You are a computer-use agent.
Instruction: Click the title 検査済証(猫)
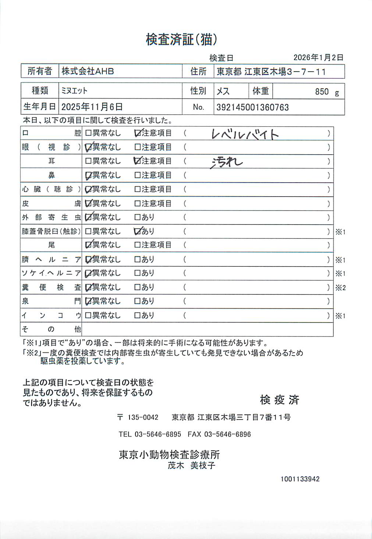tap(181, 39)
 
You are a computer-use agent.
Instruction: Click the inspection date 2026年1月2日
tap(318, 58)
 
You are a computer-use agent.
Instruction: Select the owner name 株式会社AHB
tap(88, 71)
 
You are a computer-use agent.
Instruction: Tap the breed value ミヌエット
tap(74, 91)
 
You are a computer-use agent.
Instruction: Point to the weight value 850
tap(322, 91)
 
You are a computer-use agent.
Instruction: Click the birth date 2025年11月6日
tap(92, 107)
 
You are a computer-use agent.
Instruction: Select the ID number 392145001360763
tap(252, 107)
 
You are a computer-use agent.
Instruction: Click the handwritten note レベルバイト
tap(245, 134)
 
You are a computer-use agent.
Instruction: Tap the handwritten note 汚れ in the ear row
tap(226, 162)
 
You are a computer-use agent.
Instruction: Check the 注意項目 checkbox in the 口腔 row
tap(138, 133)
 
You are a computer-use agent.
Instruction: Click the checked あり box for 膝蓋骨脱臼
tap(138, 231)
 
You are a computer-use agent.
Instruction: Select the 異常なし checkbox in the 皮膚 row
tap(88, 203)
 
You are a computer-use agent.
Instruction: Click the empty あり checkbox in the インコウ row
tap(138, 315)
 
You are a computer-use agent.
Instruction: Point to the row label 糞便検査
tap(51, 287)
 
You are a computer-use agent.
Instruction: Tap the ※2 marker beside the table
tap(340, 288)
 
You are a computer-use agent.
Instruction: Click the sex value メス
tap(223, 91)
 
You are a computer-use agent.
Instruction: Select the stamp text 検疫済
tap(280, 400)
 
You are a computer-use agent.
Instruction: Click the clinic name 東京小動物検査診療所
tap(169, 454)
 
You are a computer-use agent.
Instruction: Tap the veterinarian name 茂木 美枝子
tap(191, 466)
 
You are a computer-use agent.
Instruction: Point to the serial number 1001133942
tap(300, 479)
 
